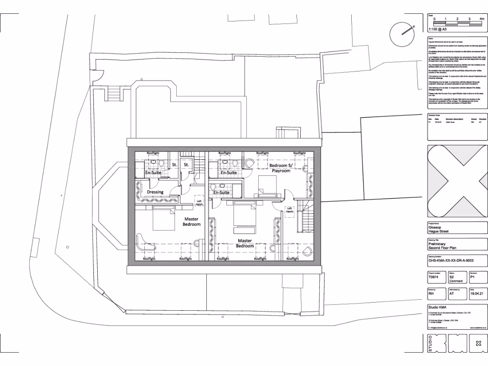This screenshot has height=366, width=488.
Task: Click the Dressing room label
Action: coord(155,192)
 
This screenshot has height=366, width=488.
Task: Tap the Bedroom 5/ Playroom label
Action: coord(280,168)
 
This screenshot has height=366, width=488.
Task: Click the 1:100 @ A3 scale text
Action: coord(437,29)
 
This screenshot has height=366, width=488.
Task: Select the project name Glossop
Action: coord(436,227)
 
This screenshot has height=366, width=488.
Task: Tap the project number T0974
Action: coord(433,276)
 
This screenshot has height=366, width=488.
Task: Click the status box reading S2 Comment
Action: coord(457,278)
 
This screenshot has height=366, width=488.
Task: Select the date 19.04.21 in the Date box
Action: coord(477,294)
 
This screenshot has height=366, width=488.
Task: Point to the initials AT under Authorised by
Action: coord(452,294)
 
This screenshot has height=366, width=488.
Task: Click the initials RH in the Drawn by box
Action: coord(431,294)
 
